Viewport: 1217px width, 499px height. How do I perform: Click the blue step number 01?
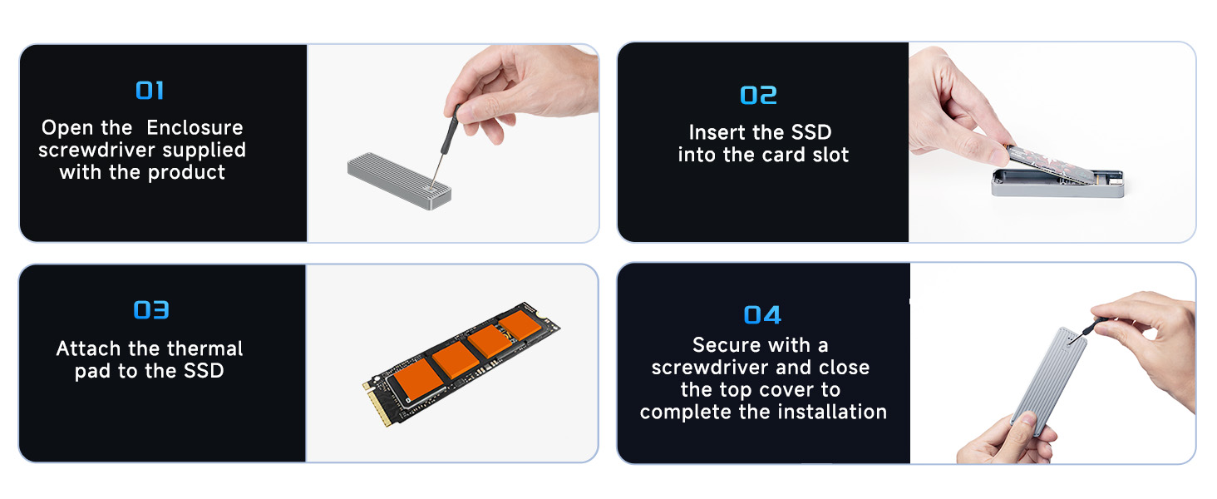[150, 91]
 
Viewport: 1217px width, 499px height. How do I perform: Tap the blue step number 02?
[758, 96]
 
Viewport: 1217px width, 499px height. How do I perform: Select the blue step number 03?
[151, 310]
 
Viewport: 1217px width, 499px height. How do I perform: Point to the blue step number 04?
[762, 315]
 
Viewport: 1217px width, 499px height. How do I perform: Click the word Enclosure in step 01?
[195, 128]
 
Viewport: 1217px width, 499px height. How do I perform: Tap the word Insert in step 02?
[718, 132]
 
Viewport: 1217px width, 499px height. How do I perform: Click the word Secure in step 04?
[725, 345]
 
